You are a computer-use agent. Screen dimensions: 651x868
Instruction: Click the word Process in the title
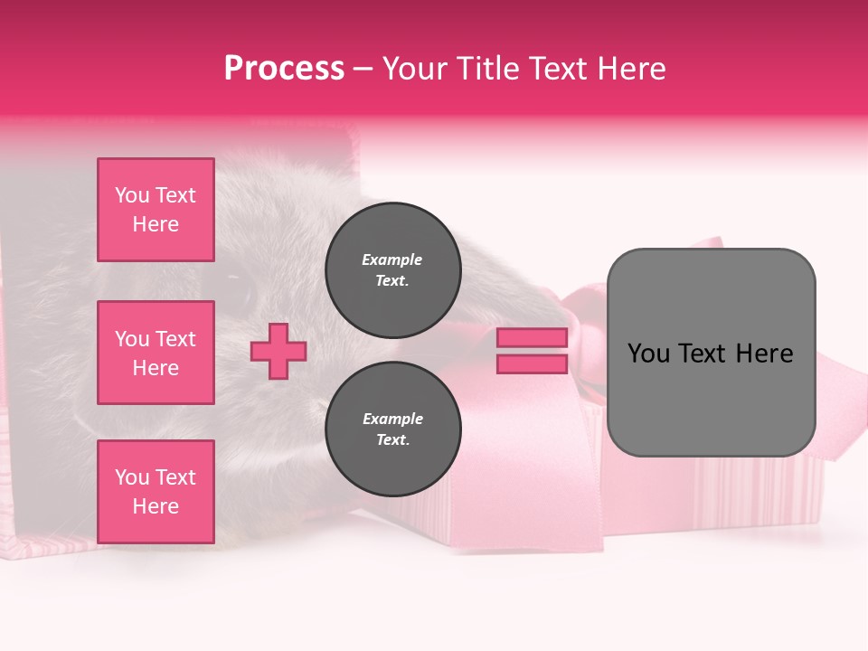click(284, 69)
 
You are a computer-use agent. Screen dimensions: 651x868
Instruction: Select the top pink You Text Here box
click(156, 210)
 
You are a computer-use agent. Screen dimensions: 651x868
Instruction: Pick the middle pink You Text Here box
click(156, 353)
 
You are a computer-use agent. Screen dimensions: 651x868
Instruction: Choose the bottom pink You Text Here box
click(156, 491)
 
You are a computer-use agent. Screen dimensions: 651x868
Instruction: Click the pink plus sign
click(278, 351)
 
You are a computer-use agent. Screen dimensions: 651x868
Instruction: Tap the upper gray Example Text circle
click(392, 270)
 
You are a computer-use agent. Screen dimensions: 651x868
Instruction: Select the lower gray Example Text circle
click(392, 429)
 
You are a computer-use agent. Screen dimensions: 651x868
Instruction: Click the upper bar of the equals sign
click(532, 337)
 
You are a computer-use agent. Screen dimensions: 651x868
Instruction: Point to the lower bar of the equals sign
click(532, 363)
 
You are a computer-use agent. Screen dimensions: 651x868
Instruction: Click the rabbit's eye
click(241, 292)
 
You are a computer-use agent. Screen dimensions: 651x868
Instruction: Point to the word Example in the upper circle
click(392, 259)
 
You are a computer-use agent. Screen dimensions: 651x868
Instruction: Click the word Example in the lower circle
click(392, 419)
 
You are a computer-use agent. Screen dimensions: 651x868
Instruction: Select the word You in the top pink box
click(132, 195)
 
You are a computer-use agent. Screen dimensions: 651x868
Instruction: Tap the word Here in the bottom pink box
click(156, 506)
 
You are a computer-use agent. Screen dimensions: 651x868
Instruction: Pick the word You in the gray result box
click(647, 354)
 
